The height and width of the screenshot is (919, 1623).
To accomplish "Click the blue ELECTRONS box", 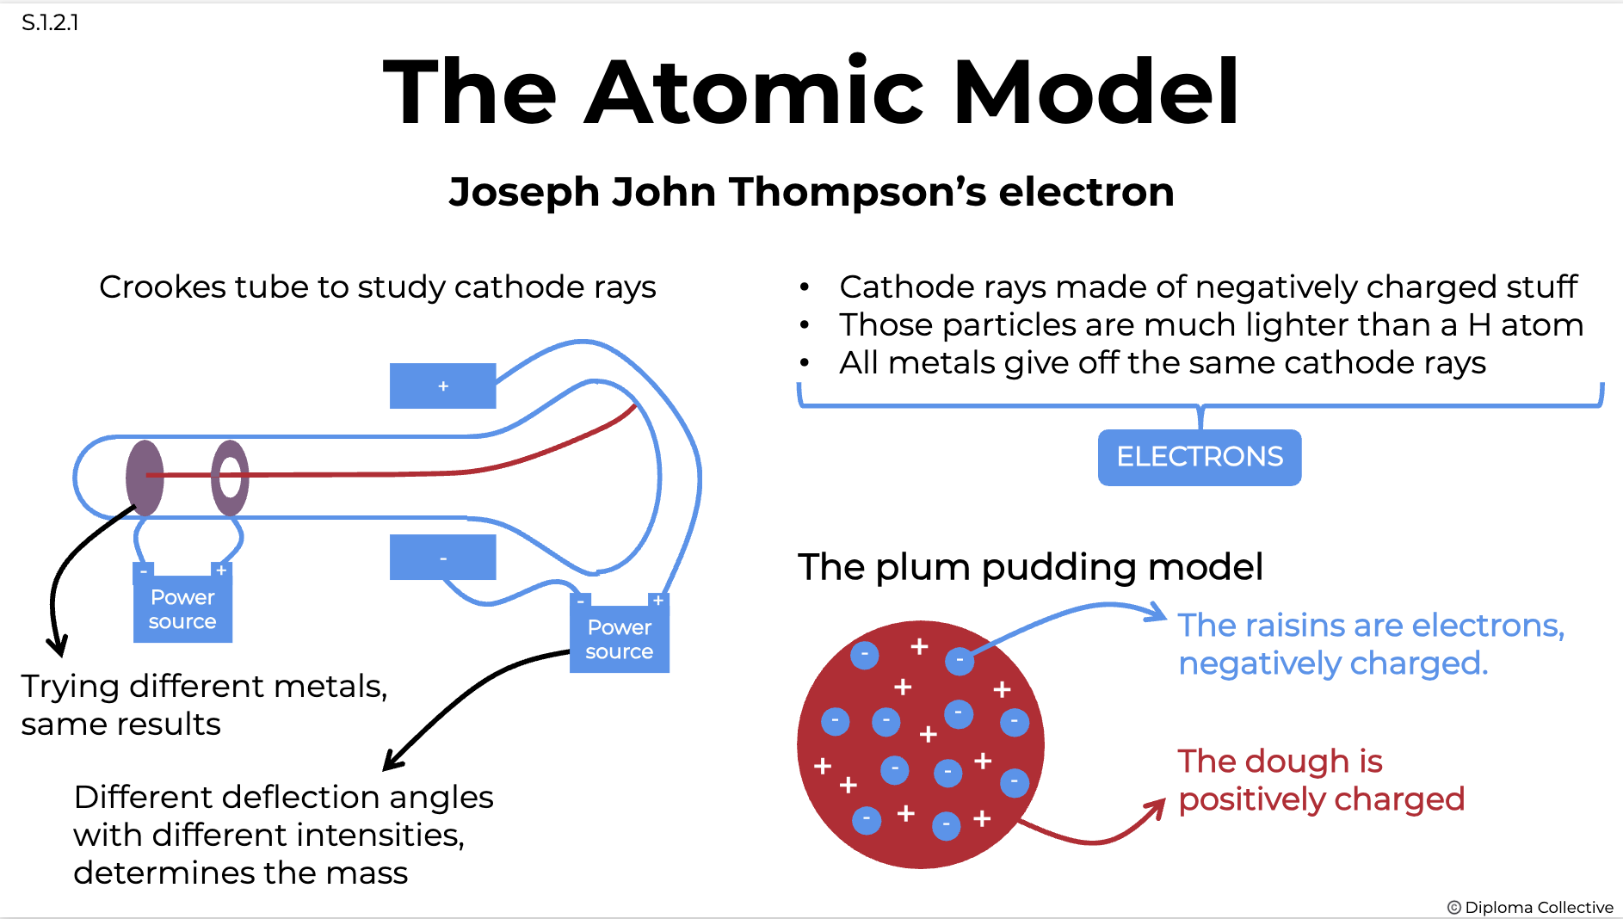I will [1199, 457].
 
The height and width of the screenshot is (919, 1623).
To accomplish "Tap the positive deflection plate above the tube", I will [442, 385].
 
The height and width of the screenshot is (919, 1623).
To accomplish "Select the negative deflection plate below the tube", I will [442, 558].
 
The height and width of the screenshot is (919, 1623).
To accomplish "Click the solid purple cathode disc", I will [144, 478].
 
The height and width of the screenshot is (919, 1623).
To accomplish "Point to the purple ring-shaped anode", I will [230, 478].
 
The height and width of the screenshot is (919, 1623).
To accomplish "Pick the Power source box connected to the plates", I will [619, 639].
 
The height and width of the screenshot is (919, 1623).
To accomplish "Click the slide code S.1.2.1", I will [50, 22].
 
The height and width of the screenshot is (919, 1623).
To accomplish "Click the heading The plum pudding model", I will [1029, 567].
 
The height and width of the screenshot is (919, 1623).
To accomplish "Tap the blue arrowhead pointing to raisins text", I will [1157, 613].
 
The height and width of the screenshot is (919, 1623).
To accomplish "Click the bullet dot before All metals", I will [804, 363].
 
